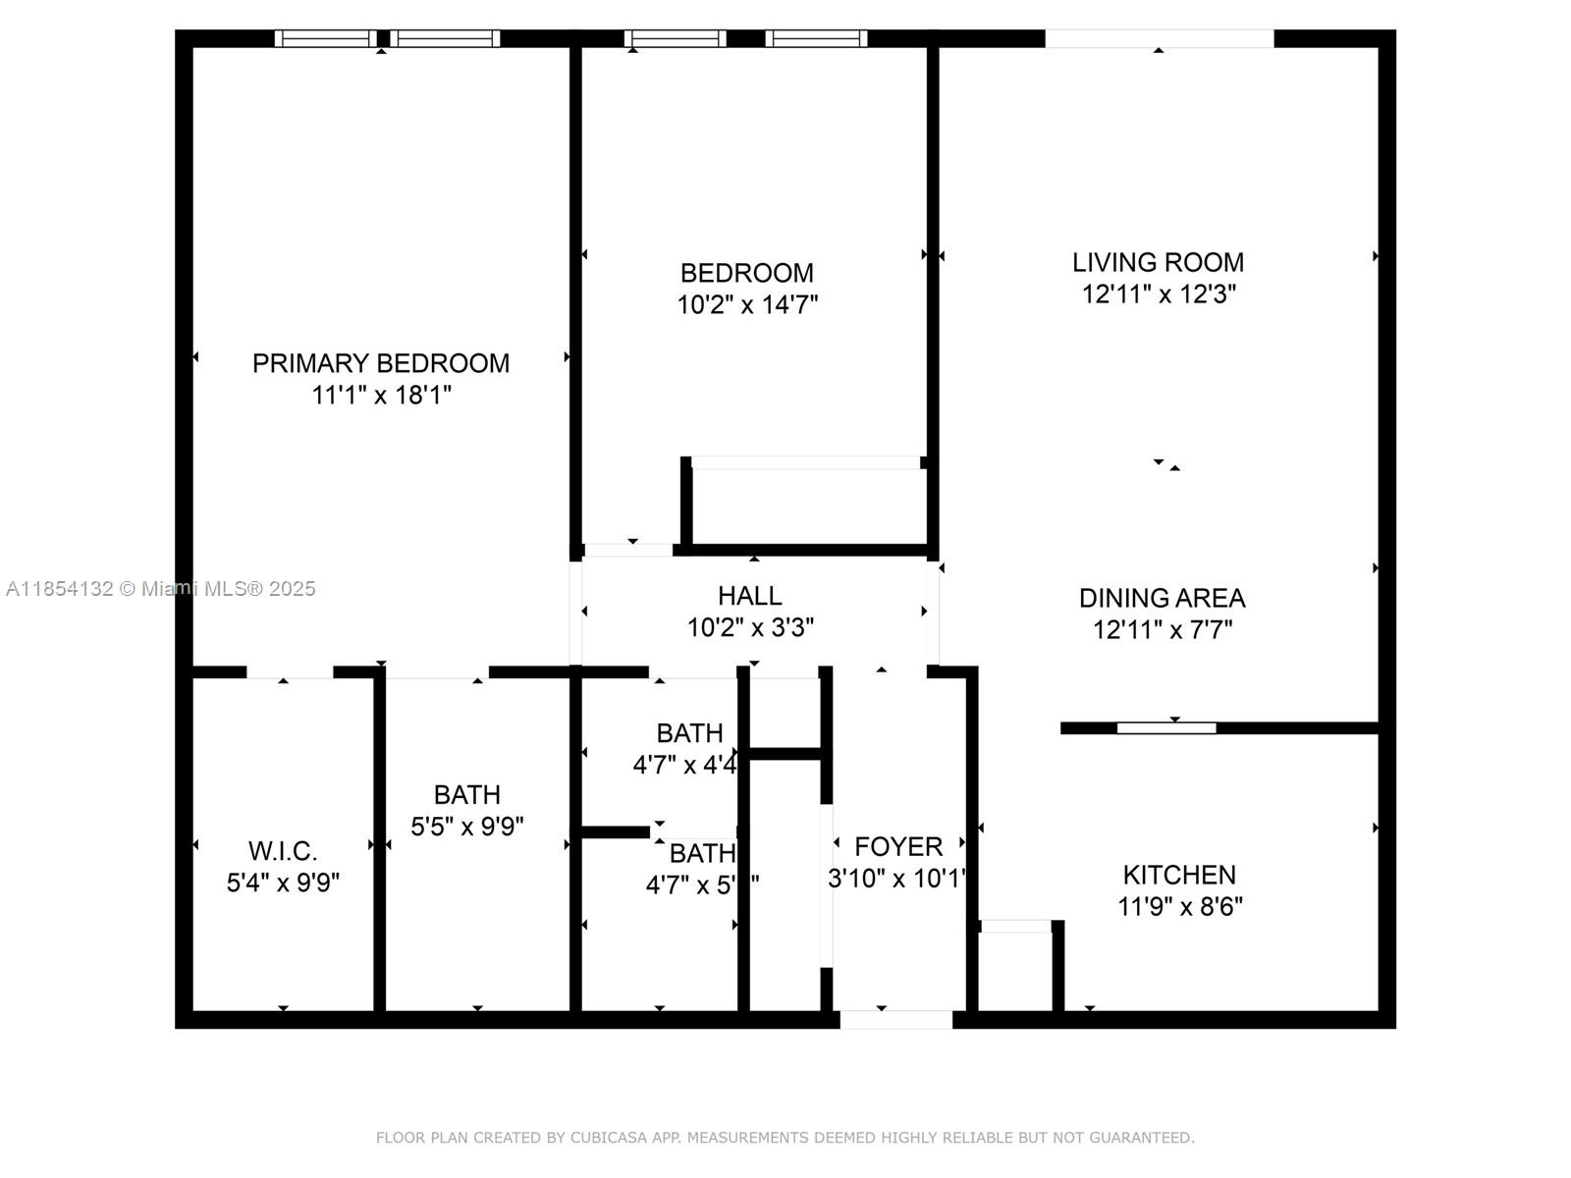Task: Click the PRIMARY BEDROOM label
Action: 381,363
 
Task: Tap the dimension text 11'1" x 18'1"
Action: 381,396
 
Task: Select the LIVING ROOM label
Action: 1158,262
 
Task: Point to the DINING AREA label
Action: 1162,598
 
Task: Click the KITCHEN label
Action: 1179,875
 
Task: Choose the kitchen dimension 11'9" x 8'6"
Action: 1179,906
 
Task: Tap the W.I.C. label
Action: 283,851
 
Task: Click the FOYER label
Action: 898,846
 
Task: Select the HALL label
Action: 750,596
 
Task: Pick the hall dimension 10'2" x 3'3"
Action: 750,627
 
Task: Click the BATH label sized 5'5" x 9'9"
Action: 467,794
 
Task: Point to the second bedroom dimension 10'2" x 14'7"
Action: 747,304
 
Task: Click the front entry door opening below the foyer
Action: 895,1020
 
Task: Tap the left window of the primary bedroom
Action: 325,38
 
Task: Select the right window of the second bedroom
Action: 817,38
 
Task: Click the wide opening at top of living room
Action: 1159,38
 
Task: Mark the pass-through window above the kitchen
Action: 1166,727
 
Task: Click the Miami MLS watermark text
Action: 161,589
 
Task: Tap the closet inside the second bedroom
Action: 806,505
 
